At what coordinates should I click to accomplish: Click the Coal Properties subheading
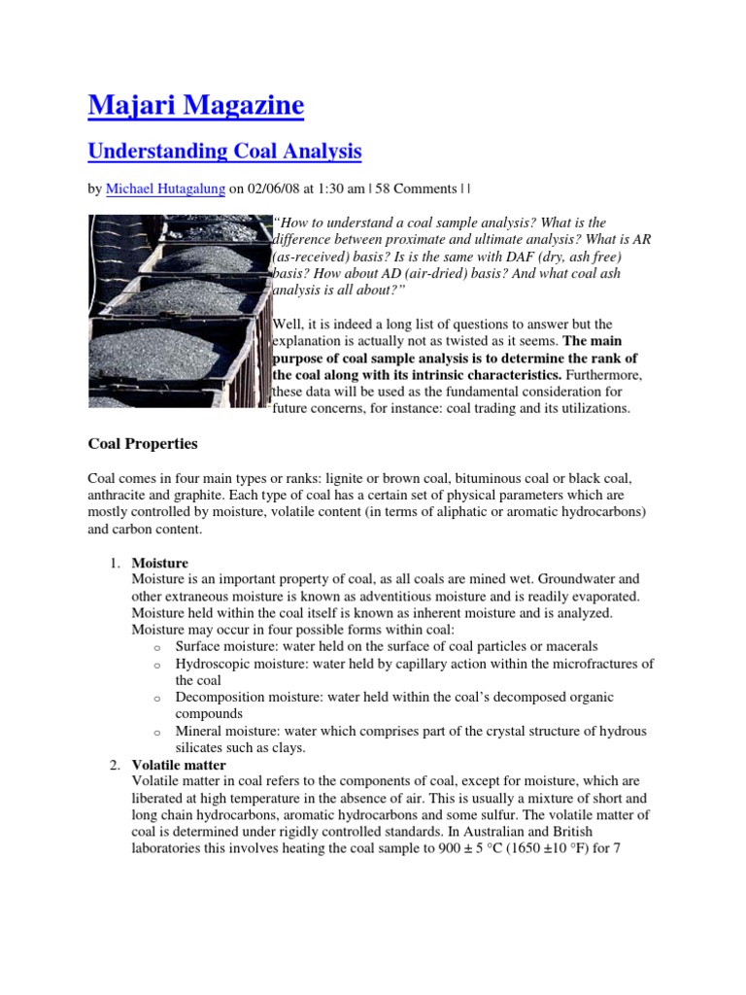(x=142, y=444)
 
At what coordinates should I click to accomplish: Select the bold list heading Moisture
(x=160, y=563)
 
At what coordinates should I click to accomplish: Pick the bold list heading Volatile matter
(x=179, y=765)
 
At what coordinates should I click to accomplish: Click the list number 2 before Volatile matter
(x=113, y=765)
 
